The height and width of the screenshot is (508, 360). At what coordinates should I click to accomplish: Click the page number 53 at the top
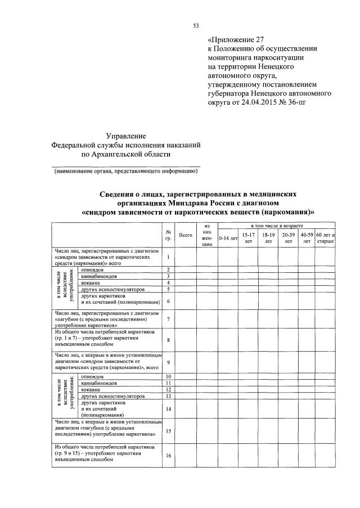click(196, 25)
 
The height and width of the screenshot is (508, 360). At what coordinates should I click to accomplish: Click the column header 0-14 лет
click(228, 238)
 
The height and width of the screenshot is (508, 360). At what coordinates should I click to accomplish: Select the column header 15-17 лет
click(248, 237)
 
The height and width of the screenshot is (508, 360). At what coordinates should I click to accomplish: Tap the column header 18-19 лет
click(268, 237)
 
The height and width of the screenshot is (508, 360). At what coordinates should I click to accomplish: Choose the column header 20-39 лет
click(288, 237)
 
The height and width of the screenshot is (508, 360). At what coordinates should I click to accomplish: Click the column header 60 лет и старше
click(325, 237)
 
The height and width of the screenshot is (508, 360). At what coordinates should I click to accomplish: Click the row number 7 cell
click(168, 319)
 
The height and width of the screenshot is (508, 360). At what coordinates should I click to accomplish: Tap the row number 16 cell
click(168, 455)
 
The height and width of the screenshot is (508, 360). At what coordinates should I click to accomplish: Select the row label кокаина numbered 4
click(92, 282)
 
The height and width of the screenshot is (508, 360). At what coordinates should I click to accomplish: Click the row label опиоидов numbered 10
click(92, 376)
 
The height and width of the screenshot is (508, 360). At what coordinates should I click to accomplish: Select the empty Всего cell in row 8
click(185, 340)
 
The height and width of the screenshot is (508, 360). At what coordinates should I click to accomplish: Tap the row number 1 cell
click(168, 257)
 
